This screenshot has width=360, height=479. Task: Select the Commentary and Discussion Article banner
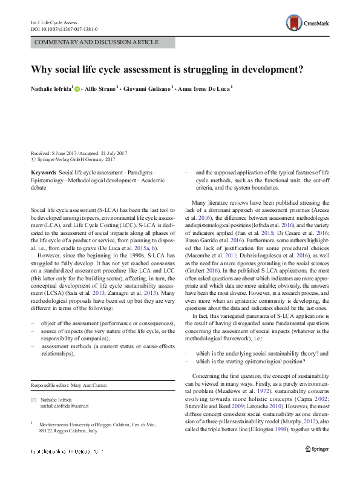pos(97,42)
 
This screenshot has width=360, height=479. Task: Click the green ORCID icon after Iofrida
pos(77,88)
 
